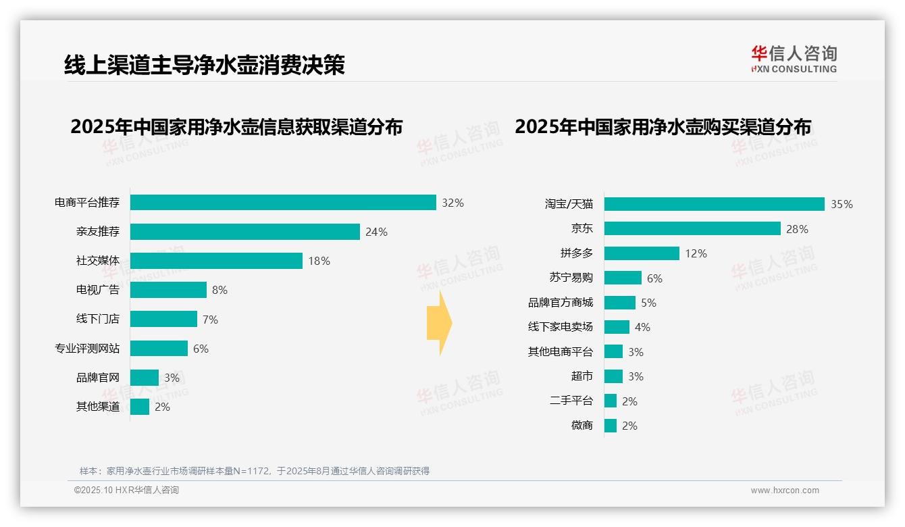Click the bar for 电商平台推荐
click(283, 203)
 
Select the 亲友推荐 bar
click(244, 232)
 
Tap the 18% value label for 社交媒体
click(319, 261)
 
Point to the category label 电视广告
click(98, 290)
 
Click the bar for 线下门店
click(163, 319)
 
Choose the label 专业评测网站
click(87, 349)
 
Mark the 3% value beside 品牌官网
click(172, 378)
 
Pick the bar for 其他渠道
click(140, 407)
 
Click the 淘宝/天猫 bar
click(714, 204)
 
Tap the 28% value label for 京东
click(797, 229)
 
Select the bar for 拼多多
click(642, 253)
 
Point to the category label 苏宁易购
click(571, 278)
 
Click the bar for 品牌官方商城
click(619, 303)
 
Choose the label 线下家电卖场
click(561, 327)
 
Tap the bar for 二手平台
click(611, 401)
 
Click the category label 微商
click(582, 426)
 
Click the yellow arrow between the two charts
click(439, 324)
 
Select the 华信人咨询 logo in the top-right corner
click(794, 59)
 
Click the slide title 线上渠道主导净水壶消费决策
click(205, 65)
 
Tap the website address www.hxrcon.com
click(784, 491)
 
